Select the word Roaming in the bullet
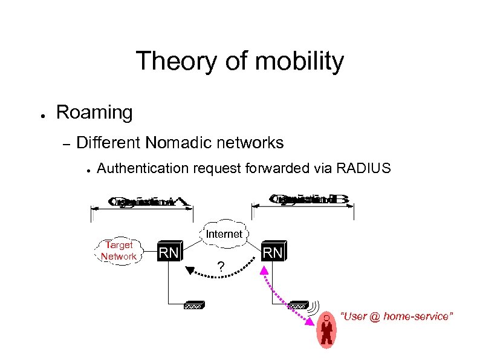[94, 112]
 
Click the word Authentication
[143, 168]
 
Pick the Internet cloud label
[224, 234]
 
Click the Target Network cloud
[118, 250]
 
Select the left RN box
[168, 252]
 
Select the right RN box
[273, 252]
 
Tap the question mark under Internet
[221, 267]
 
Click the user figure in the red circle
[326, 330]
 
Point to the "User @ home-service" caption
[397, 317]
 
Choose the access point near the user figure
[299, 306]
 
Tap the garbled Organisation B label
[308, 199]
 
